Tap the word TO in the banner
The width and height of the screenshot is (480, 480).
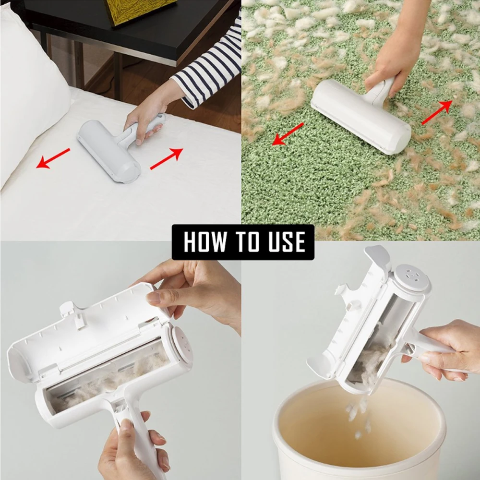click(244, 242)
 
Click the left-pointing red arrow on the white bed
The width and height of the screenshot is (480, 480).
click(53, 158)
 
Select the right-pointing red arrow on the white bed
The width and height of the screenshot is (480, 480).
click(167, 159)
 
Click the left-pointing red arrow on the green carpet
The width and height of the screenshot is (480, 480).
click(288, 133)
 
